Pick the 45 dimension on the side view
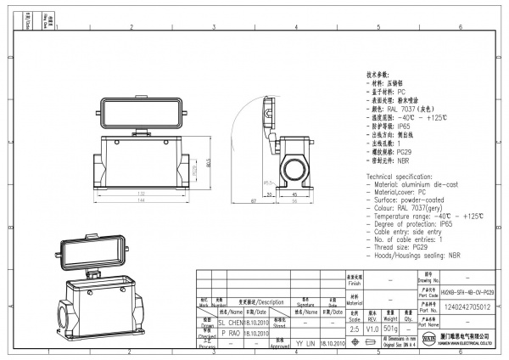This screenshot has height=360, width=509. coord(293,194)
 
